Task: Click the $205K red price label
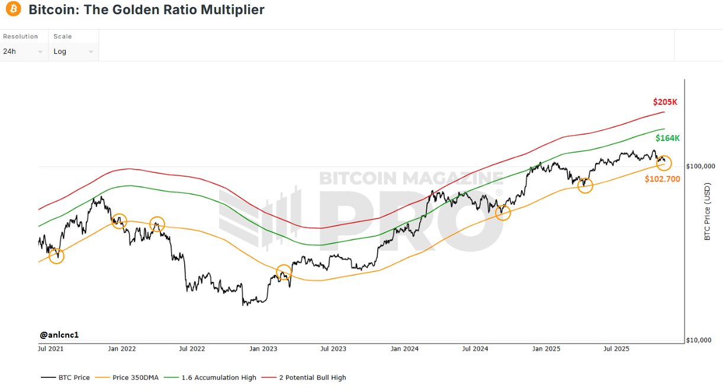(665, 102)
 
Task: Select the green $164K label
(667, 138)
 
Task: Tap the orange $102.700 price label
(663, 178)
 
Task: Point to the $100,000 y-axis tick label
(701, 166)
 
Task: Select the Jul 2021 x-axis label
(50, 349)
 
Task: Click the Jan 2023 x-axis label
(263, 349)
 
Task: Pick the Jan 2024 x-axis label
(405, 349)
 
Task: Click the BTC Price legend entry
(66, 377)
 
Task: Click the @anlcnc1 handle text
(59, 335)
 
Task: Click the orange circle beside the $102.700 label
(664, 163)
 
